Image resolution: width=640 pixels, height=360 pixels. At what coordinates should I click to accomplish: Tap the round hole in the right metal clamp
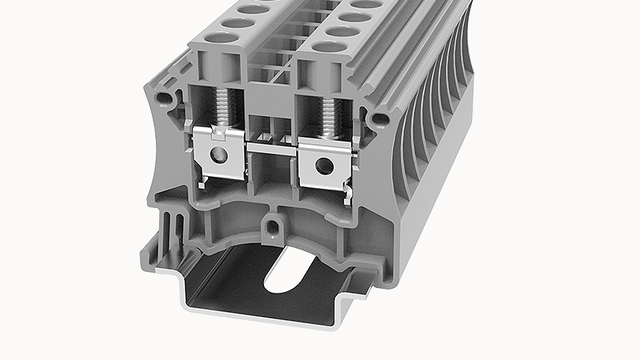click(323, 166)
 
